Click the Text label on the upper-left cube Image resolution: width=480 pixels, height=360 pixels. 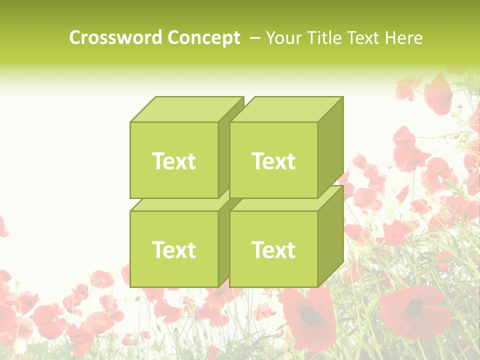[173, 161]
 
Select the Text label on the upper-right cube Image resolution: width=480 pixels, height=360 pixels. [273, 161]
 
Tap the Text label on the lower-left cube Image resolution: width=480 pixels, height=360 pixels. [173, 249]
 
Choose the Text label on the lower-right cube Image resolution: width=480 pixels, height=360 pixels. [273, 249]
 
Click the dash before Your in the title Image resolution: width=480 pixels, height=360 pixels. [254, 38]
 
